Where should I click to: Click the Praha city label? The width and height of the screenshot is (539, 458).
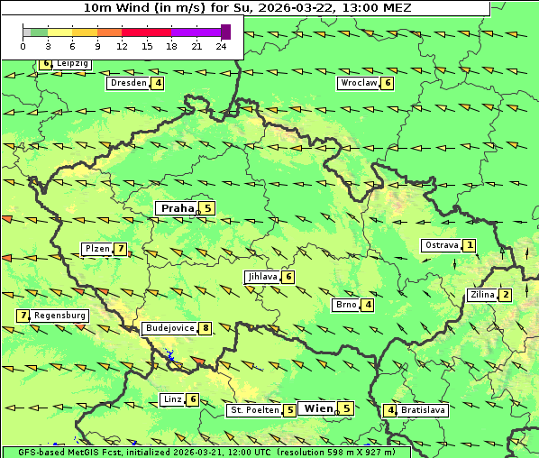click(177, 208)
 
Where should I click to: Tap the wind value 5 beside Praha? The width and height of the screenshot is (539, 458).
click(207, 208)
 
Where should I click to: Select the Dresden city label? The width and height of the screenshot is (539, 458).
click(127, 83)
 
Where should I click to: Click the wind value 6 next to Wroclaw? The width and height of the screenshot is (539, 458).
click(387, 83)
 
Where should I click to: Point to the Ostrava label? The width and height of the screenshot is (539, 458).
click(441, 245)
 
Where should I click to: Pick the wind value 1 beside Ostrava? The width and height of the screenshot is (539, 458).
click(469, 245)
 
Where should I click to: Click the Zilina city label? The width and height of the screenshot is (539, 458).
click(482, 295)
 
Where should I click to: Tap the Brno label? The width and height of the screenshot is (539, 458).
click(345, 305)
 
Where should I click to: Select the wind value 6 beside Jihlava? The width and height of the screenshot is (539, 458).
click(288, 277)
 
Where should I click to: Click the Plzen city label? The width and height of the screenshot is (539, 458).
click(96, 249)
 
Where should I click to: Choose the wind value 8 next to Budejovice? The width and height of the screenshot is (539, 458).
click(206, 328)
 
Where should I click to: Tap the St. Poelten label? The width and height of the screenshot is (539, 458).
click(255, 410)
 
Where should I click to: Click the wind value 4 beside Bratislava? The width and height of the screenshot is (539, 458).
click(389, 410)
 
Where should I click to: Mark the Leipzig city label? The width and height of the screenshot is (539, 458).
click(71, 64)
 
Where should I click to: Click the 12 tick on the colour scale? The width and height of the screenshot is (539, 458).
click(123, 46)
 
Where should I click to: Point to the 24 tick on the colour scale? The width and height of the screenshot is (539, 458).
click(221, 46)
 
